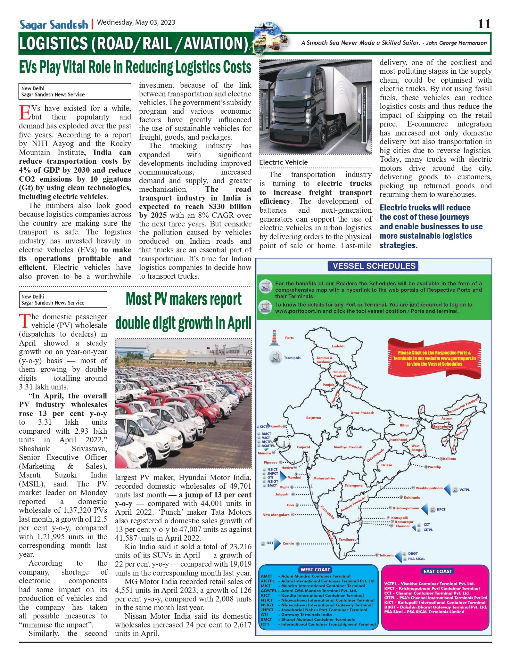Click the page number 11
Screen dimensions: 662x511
(x=484, y=24)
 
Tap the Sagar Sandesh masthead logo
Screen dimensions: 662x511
(x=54, y=25)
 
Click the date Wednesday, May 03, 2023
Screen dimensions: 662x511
(x=136, y=22)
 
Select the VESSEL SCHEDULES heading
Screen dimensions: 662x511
(x=374, y=266)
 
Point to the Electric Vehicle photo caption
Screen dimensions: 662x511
(x=283, y=162)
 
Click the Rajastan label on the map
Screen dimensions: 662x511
(x=313, y=418)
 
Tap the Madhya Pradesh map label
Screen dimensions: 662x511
(x=348, y=447)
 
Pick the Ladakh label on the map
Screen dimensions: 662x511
(x=338, y=346)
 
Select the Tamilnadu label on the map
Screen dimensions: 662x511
(x=348, y=540)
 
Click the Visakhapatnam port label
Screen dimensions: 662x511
(x=429, y=488)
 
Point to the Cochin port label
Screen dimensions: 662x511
(x=288, y=543)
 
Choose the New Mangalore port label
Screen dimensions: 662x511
(x=276, y=515)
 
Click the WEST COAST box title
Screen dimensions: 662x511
(x=315, y=570)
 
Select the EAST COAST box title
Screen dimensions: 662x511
(x=438, y=571)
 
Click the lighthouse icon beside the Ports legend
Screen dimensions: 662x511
(x=274, y=338)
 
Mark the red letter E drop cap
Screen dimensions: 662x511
(x=25, y=112)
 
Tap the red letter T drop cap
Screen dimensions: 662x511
(x=25, y=321)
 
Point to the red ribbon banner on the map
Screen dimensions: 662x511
(x=434, y=358)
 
